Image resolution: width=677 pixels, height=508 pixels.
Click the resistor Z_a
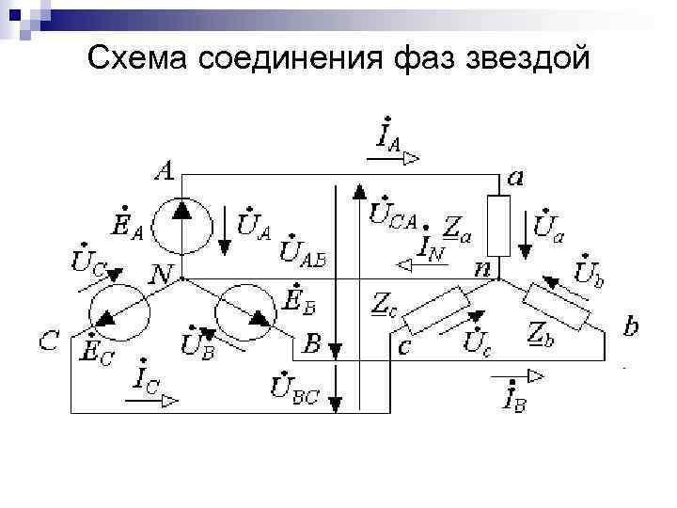[499, 226]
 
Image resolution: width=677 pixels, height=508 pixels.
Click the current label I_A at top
[388, 136]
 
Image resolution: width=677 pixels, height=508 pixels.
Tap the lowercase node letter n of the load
[481, 269]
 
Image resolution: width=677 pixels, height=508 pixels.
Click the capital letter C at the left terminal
[51, 341]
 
